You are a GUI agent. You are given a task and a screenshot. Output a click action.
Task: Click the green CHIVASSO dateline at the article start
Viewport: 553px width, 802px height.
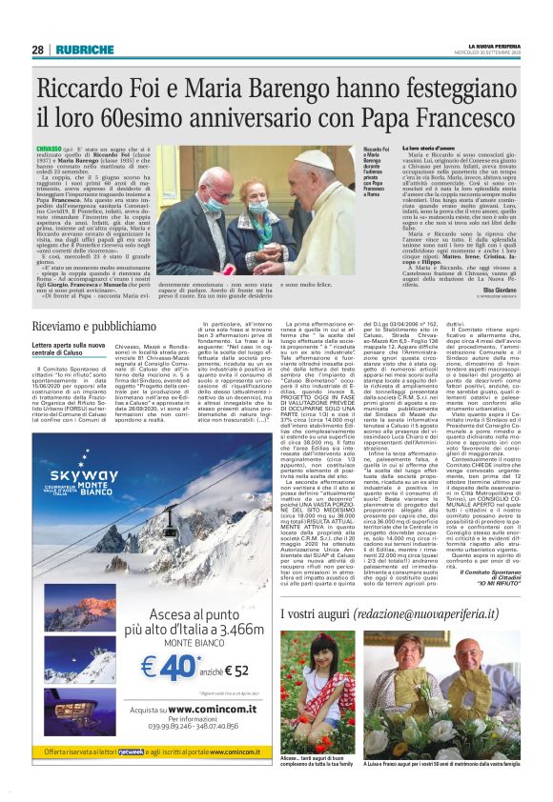(x=51, y=150)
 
